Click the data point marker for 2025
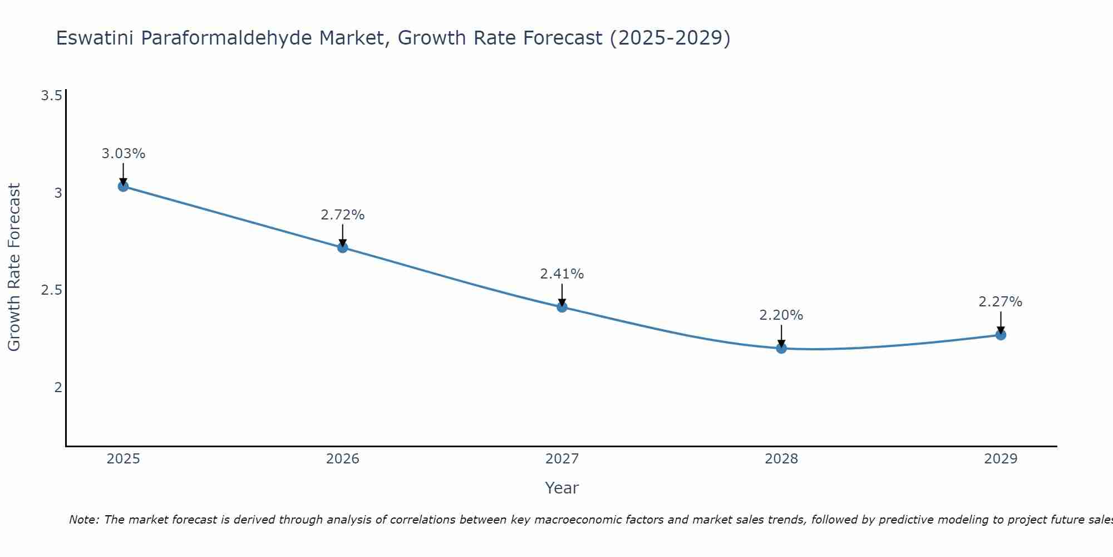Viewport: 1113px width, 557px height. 123,186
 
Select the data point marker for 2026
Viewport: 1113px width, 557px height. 343,247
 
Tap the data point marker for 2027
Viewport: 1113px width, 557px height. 562,307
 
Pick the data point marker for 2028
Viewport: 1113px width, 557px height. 781,348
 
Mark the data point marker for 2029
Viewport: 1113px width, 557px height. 1001,335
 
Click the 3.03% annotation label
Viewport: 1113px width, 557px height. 123,154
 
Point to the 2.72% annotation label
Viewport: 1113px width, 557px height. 343,215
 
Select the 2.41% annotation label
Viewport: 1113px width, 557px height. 562,274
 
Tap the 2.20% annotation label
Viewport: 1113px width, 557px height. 781,315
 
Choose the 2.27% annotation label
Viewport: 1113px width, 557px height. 1001,302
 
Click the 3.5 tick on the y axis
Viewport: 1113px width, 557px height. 51,96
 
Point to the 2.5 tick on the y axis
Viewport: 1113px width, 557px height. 51,290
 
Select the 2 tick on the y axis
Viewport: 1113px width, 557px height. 58,387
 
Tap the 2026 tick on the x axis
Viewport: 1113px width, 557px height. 343,459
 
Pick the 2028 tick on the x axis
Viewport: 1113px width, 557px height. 781,459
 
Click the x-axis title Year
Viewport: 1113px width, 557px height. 562,488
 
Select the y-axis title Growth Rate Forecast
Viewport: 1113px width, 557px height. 14,267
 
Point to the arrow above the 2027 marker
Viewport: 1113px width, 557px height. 562,294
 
